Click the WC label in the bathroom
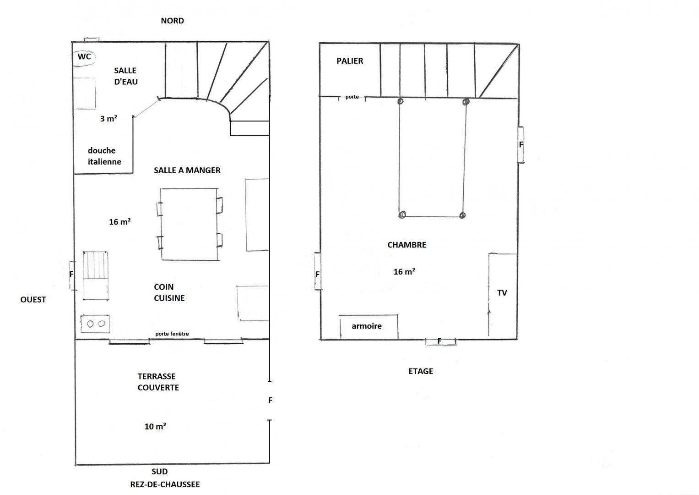click(x=84, y=56)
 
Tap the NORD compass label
click(x=172, y=21)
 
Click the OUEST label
click(x=33, y=300)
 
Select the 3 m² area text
click(x=108, y=118)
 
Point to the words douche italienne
click(x=104, y=156)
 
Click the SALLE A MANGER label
click(x=187, y=170)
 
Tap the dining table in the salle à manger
click(x=190, y=224)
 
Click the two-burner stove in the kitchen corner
click(x=95, y=324)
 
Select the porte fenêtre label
click(x=172, y=334)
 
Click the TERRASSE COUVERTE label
click(x=158, y=382)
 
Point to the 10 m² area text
click(x=155, y=426)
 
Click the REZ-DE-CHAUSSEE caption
click(x=165, y=484)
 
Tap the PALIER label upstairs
click(x=350, y=61)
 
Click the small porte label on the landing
click(x=352, y=97)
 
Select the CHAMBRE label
click(x=407, y=245)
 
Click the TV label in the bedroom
click(x=502, y=293)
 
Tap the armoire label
click(x=367, y=326)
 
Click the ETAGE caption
click(x=421, y=371)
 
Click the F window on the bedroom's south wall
click(x=440, y=341)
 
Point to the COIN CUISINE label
click(x=169, y=292)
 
